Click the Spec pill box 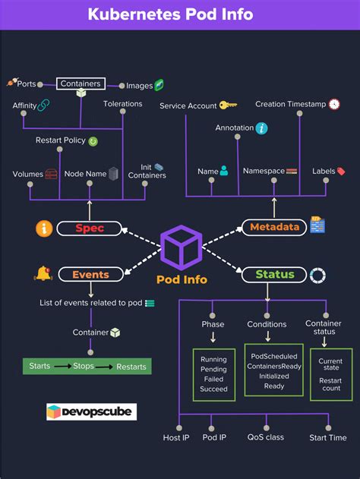click(x=89, y=228)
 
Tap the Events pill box click(x=89, y=275)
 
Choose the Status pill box click(x=274, y=275)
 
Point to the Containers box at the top click(x=80, y=84)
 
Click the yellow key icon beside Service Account click(x=228, y=106)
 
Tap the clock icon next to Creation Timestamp click(x=334, y=104)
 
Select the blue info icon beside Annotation click(x=261, y=128)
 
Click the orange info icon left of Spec click(x=45, y=228)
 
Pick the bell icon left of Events click(x=43, y=273)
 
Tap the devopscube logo click(x=91, y=412)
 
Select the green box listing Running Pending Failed click(x=213, y=374)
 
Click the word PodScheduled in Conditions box click(x=273, y=355)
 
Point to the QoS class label click(x=265, y=437)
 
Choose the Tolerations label click(x=122, y=104)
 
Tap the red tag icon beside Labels click(x=340, y=172)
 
